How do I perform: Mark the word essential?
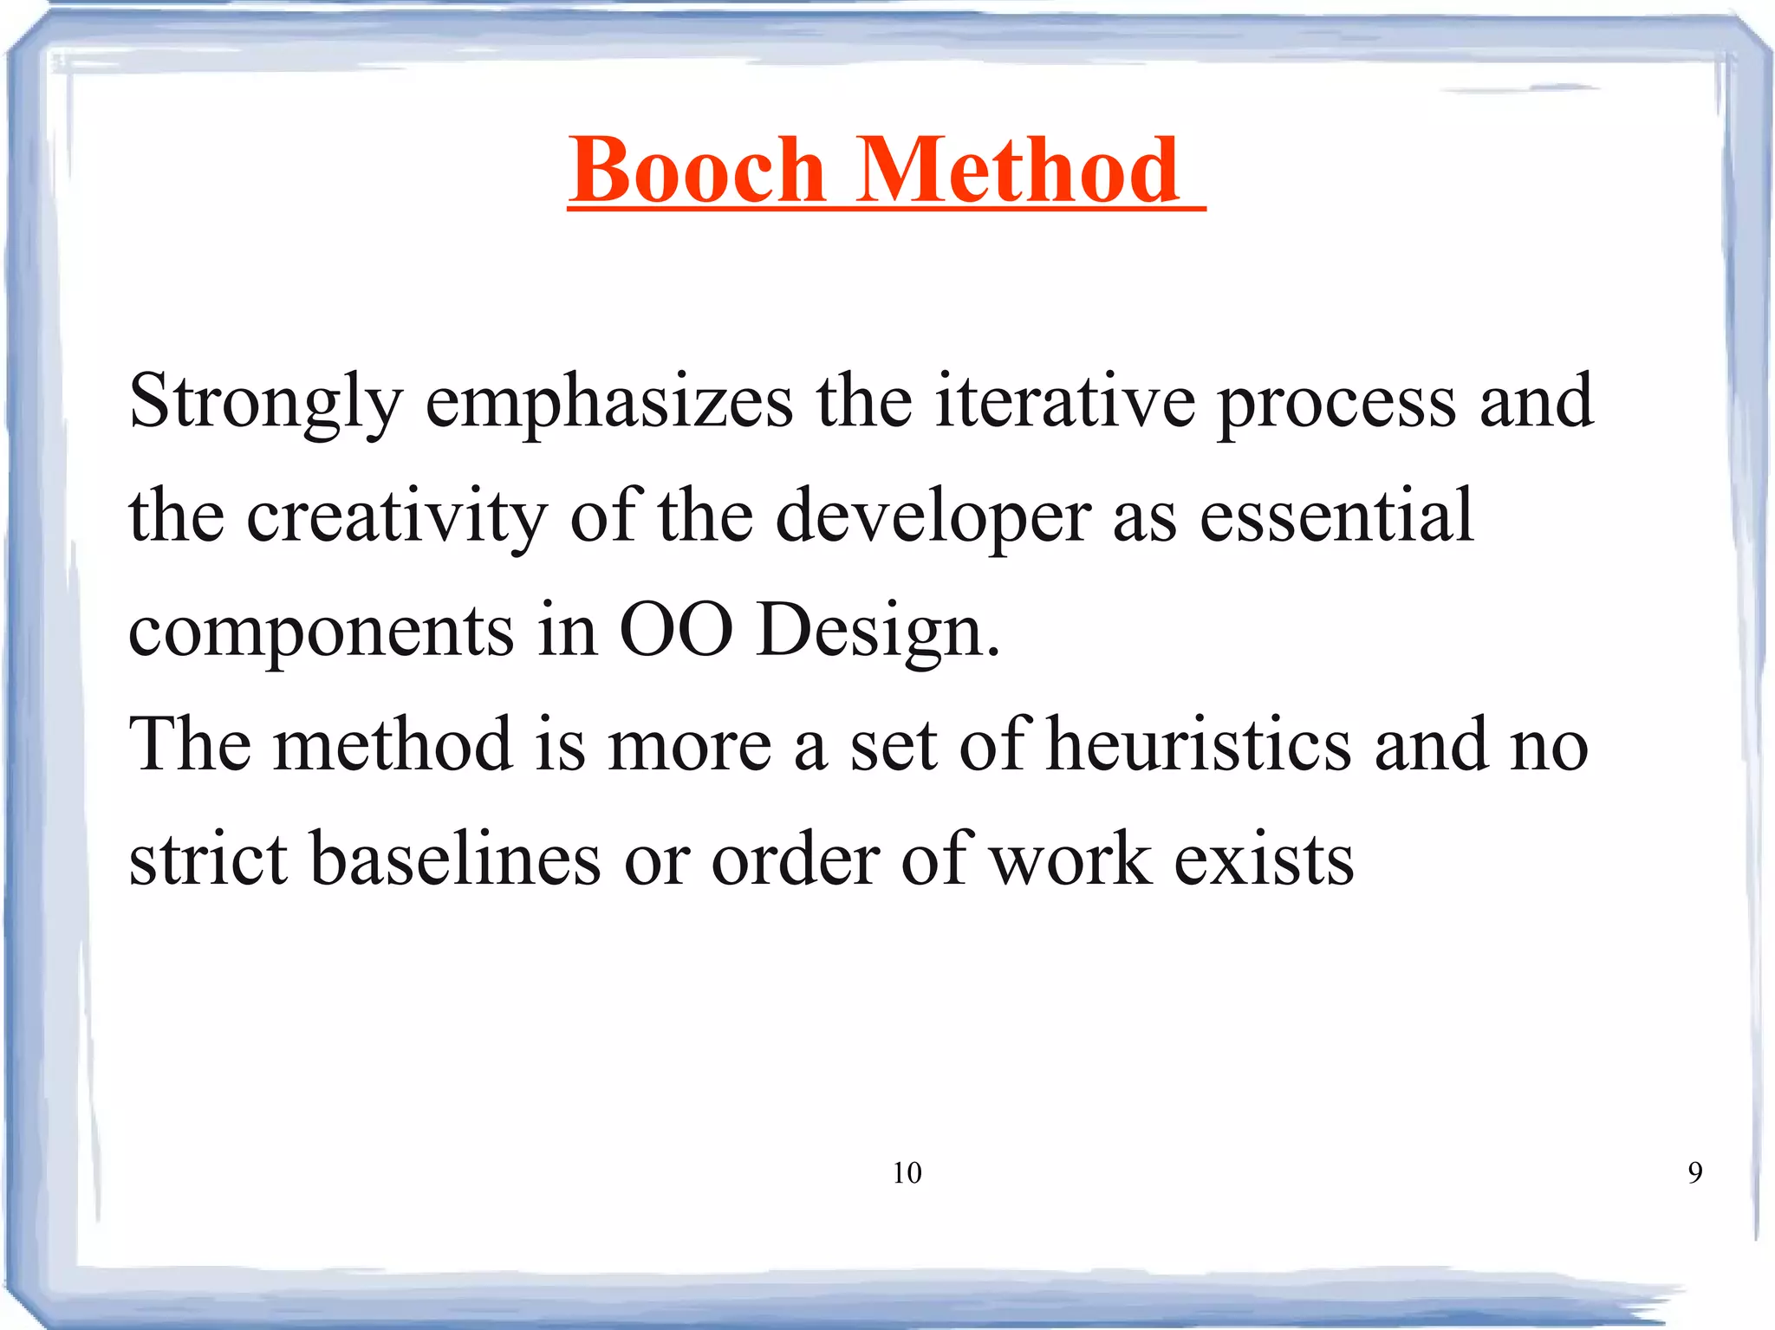(1336, 516)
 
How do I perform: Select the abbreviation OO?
(676, 630)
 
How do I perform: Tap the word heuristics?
(1199, 745)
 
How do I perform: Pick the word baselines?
(456, 860)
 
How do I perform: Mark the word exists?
(1264, 860)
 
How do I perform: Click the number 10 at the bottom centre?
(907, 1173)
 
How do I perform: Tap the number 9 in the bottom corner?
(1694, 1173)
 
